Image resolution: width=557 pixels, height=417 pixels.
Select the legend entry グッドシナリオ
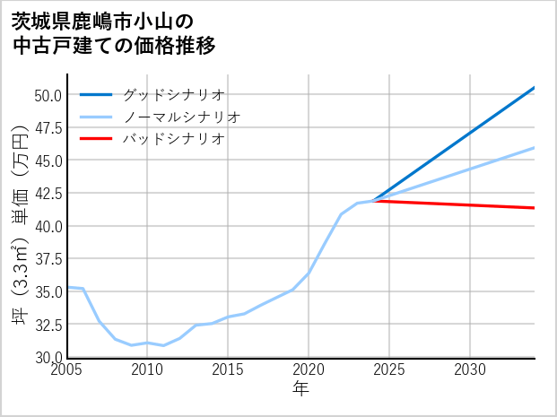click(x=173, y=94)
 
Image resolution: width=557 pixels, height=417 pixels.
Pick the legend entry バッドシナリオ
click(x=173, y=139)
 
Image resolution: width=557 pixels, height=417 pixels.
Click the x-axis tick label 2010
click(x=147, y=369)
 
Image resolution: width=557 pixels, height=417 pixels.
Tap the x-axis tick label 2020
click(x=309, y=369)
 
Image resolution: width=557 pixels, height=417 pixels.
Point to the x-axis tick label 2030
click(x=470, y=369)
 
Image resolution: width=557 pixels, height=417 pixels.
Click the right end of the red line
click(x=535, y=208)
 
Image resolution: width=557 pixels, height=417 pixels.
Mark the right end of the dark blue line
click(x=535, y=87)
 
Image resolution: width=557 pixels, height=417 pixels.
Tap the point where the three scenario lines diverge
click(x=373, y=201)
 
